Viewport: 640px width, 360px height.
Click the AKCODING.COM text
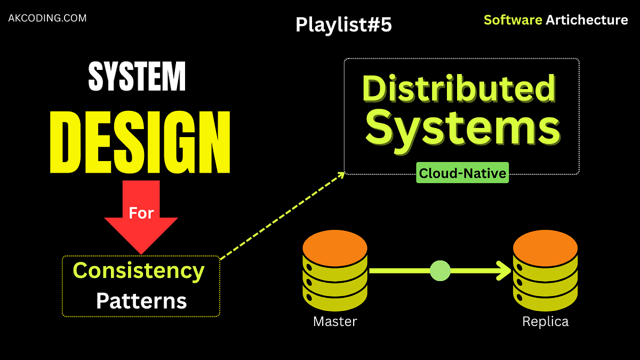pos(47,18)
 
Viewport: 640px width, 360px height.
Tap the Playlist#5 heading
pos(343,25)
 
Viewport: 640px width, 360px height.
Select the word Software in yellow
pos(513,20)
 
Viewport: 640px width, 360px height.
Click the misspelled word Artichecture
pos(587,20)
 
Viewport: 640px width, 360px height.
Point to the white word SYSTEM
pos(137,77)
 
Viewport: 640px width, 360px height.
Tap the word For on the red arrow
pos(141,213)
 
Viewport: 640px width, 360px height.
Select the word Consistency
pos(139,271)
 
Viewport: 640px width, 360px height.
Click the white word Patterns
pos(141,301)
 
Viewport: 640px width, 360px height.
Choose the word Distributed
pos(459,89)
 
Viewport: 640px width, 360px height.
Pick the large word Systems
pos(463,128)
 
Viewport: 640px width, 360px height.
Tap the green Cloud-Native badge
pos(462,173)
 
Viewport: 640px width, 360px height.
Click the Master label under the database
pos(335,322)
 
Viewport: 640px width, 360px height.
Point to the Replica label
pos(545,322)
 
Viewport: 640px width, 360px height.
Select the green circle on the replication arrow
pos(440,271)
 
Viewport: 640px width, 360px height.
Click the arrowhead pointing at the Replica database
pos(504,271)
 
